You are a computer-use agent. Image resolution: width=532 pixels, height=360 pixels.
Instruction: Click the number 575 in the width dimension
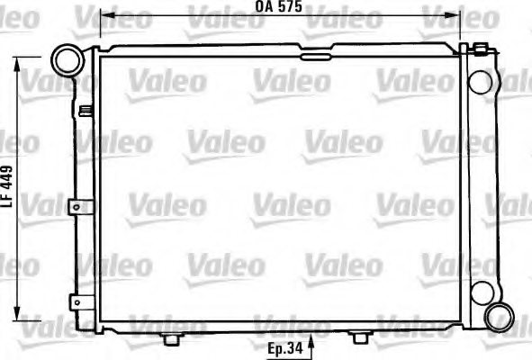click(x=288, y=7)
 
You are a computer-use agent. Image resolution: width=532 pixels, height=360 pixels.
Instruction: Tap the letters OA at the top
click(x=263, y=7)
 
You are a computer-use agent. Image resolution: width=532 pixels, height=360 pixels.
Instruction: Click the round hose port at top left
click(x=66, y=60)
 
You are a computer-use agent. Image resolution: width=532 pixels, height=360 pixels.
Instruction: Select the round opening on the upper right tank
click(x=482, y=81)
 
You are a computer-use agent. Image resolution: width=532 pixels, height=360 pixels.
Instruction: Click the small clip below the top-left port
click(x=85, y=112)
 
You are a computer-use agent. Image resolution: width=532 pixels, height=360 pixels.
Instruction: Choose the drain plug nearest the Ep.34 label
click(x=359, y=337)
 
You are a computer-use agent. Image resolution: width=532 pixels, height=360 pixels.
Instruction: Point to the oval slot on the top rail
click(x=315, y=58)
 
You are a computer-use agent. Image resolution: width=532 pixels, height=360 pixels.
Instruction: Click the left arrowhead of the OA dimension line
click(x=104, y=15)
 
